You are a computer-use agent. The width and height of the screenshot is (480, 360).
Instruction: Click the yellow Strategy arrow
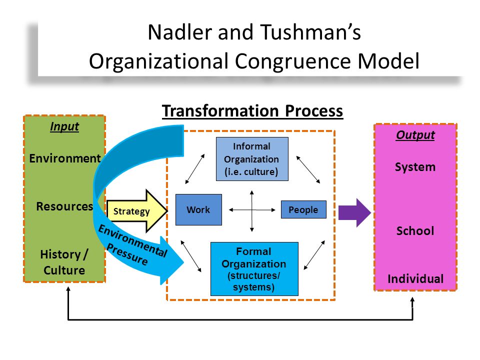click(x=136, y=210)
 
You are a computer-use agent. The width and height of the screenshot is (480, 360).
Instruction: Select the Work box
click(x=198, y=209)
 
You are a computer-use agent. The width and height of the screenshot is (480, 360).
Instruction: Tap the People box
click(x=303, y=209)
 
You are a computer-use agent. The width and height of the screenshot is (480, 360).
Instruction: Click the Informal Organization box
click(x=252, y=159)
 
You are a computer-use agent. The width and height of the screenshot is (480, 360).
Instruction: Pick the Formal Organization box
click(x=254, y=269)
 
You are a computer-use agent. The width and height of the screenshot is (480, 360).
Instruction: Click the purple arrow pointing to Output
click(x=354, y=213)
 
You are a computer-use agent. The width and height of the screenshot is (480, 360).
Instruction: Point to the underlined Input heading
click(x=64, y=126)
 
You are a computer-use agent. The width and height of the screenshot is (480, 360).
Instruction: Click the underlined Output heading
click(x=415, y=135)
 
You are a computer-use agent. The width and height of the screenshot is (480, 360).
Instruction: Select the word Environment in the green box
click(x=65, y=158)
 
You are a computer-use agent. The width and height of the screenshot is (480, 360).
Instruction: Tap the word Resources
click(x=64, y=206)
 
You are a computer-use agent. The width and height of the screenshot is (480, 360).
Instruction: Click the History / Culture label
click(x=64, y=262)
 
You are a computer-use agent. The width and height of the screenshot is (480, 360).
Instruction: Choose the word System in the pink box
click(x=415, y=167)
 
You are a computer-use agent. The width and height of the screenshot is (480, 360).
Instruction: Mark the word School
click(x=415, y=231)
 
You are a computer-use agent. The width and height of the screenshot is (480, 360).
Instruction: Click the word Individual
click(x=415, y=279)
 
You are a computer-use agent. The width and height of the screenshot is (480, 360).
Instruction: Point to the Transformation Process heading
click(x=252, y=111)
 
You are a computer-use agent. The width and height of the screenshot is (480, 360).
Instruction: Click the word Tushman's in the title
click(x=310, y=32)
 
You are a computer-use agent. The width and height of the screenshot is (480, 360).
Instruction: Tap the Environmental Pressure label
click(x=132, y=244)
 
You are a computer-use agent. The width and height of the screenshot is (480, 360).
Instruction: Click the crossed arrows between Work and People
click(x=252, y=210)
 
